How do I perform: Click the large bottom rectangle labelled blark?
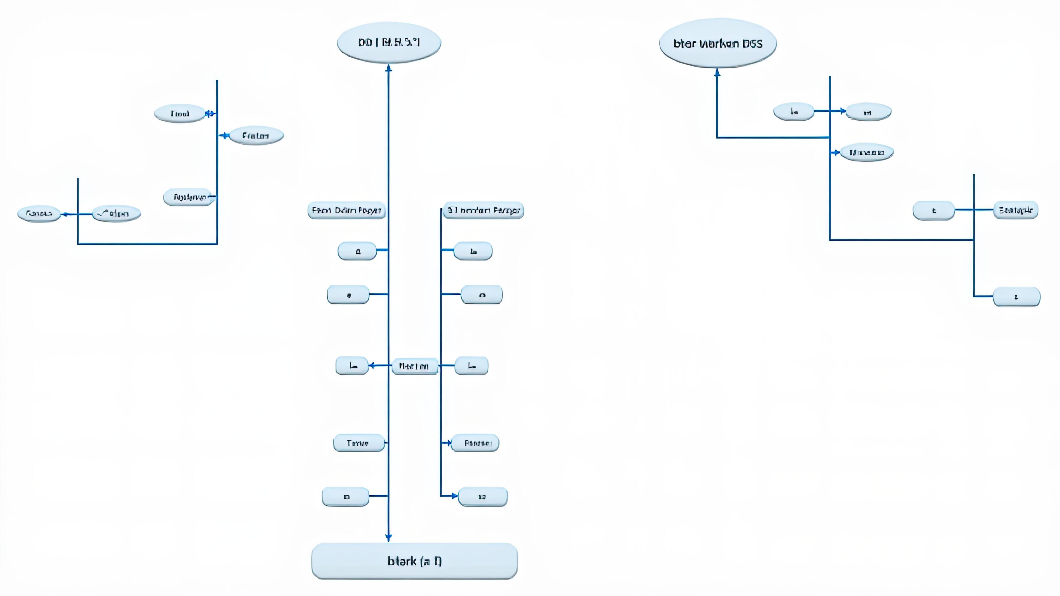(414, 561)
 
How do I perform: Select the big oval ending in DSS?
(718, 43)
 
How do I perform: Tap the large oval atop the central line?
(389, 42)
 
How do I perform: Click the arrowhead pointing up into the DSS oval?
(717, 73)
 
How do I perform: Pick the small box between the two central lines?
(414, 366)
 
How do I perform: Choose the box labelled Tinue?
(358, 443)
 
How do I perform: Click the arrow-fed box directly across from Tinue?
(476, 443)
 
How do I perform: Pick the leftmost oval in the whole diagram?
(39, 213)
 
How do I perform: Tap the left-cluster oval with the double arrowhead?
(180, 113)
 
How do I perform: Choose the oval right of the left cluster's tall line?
(256, 136)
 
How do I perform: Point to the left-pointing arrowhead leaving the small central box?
(371, 365)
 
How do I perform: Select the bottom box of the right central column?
(483, 497)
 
